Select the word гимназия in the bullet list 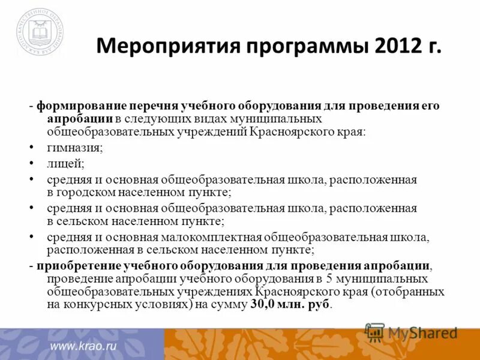(74, 148)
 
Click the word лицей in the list (65, 163)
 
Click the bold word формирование (77, 106)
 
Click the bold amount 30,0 (263, 305)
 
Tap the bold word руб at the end (319, 305)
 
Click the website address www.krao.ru (83, 346)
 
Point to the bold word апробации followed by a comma (396, 265)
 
